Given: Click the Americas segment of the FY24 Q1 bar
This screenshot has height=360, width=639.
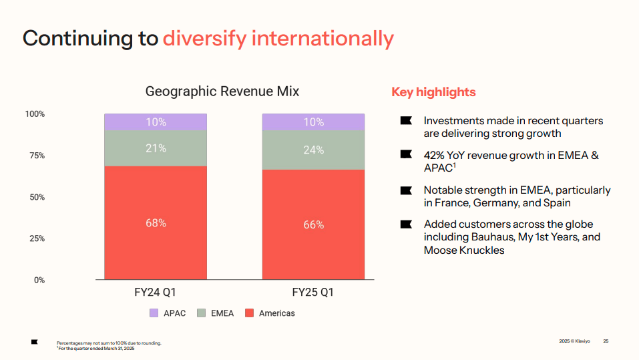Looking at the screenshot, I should click(156, 222).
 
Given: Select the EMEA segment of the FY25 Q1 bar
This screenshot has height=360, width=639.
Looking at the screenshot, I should click(313, 150).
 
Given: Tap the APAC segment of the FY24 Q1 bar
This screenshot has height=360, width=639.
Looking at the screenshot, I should click(156, 122).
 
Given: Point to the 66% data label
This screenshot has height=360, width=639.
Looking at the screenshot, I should click(313, 225).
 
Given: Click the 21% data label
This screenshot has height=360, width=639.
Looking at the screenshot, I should click(156, 148).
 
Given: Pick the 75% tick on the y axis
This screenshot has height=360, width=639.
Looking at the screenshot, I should click(36, 156).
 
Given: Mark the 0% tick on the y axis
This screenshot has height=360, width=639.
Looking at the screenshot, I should click(39, 280).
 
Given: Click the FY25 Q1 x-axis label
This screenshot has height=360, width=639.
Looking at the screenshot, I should click(312, 293).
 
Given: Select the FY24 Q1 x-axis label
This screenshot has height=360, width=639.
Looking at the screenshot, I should click(155, 293).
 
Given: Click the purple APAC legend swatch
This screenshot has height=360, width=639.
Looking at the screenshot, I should click(154, 313).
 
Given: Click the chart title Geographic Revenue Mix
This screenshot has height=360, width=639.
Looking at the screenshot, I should click(222, 92).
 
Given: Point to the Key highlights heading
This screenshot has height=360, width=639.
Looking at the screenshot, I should click(433, 92).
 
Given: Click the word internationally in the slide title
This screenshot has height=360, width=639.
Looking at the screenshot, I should click(323, 38).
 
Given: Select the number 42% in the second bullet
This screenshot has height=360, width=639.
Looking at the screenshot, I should click(435, 155).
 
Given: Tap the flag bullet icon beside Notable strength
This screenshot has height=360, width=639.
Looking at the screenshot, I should click(406, 190).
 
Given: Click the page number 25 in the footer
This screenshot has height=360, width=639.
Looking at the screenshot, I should click(606, 341).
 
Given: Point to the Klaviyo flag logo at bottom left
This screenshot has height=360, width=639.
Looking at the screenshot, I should click(35, 342).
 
